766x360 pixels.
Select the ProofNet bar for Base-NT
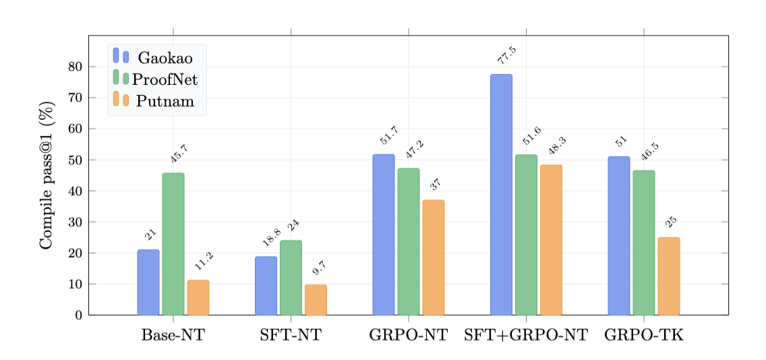(173, 244)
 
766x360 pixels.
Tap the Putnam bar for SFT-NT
(316, 300)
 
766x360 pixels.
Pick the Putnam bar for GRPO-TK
(668, 276)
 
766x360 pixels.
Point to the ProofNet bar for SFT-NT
(291, 278)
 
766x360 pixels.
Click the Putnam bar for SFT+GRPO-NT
(551, 240)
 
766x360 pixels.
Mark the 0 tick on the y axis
(78, 315)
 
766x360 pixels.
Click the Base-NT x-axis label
(173, 334)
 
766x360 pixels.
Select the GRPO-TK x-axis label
(643, 334)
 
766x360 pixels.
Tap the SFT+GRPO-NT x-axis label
(526, 334)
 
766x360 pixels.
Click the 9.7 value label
(319, 268)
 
